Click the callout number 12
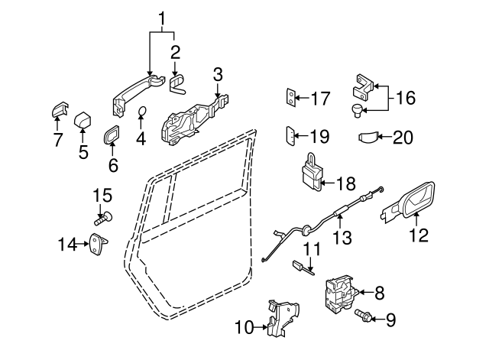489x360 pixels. pos(419,236)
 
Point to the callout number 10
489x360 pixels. pos(243,329)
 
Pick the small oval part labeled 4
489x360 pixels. pos(142,115)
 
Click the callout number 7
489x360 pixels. pos(57,140)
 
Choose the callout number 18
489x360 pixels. pos(346,183)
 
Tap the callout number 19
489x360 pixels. pos(319,137)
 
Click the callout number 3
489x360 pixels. pos(218,75)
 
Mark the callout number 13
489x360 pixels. pos(343,238)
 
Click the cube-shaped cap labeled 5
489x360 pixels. pos(83,121)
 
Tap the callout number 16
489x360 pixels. pos(405,97)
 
